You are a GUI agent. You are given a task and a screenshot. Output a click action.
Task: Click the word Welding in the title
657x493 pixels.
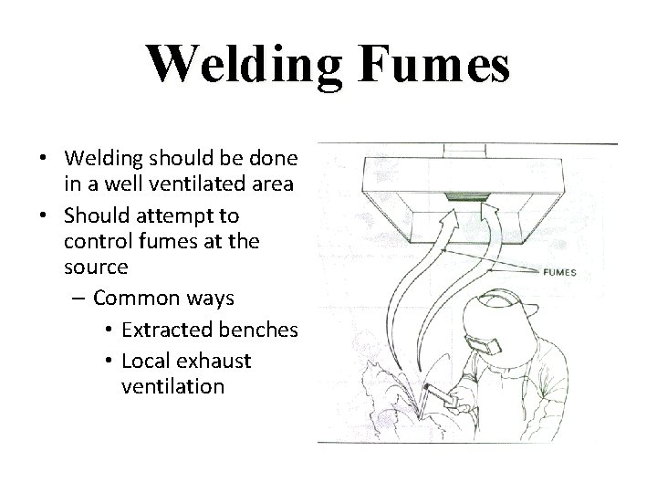click(x=242, y=65)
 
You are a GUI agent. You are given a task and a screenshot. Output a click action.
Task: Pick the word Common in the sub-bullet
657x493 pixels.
click(x=134, y=298)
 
